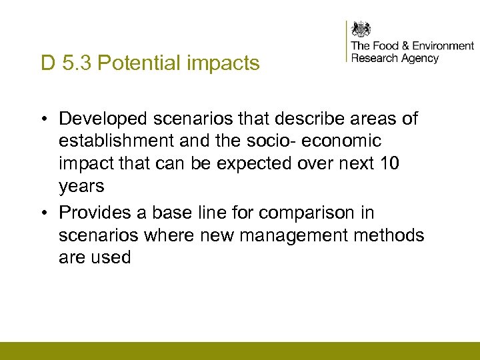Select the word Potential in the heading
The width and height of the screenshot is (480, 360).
pos(126,63)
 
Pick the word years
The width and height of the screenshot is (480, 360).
pos(82,187)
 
